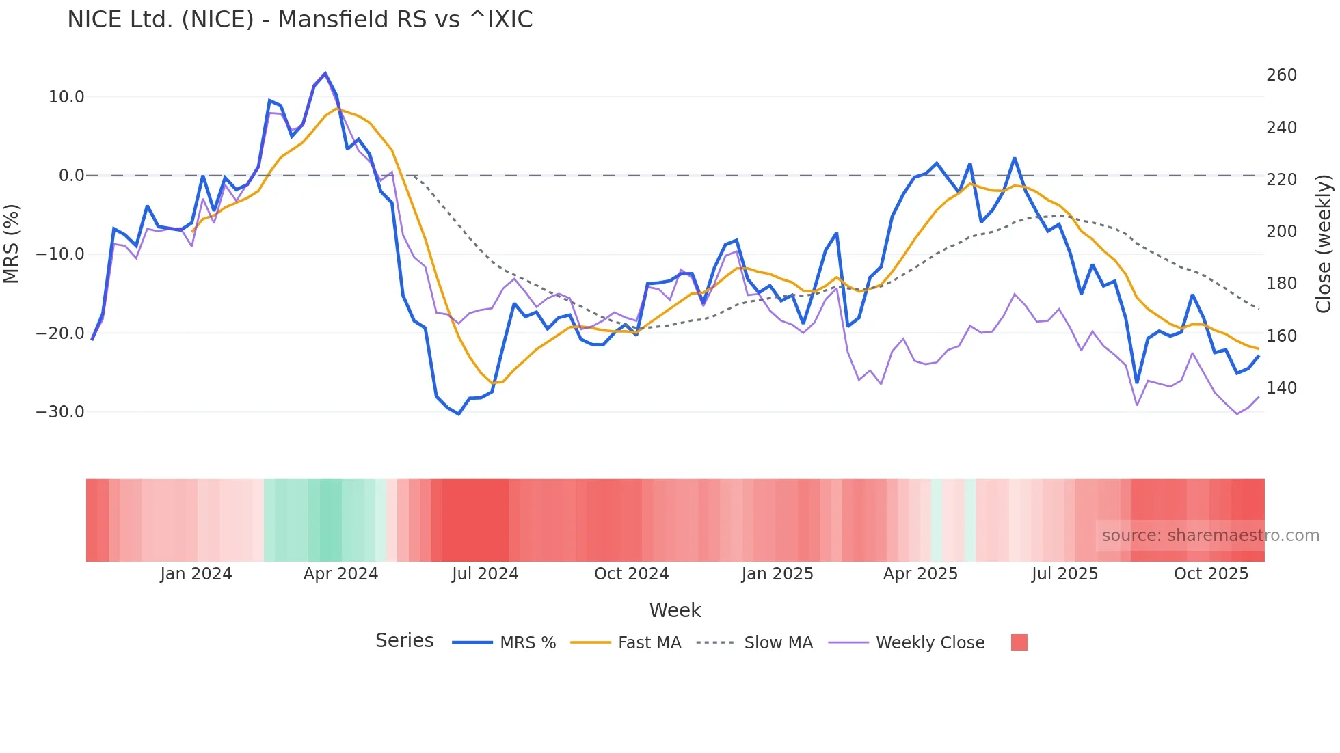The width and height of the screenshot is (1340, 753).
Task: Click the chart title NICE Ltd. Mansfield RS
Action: click(299, 20)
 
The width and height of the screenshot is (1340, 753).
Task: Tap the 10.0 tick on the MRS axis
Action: click(66, 97)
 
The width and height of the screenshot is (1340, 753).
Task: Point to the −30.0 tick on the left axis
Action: click(60, 412)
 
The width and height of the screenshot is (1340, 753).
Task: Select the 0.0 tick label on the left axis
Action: click(71, 176)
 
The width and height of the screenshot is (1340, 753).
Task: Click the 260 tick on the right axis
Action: click(1281, 75)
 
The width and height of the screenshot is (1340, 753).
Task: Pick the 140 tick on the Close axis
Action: click(1281, 388)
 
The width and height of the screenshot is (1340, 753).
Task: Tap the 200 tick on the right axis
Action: click(1281, 232)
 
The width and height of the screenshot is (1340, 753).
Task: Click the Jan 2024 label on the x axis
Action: click(196, 574)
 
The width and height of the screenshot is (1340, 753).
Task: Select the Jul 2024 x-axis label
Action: click(485, 574)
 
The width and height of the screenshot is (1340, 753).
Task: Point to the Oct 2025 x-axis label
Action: click(1211, 574)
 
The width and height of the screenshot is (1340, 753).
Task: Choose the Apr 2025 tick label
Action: click(920, 574)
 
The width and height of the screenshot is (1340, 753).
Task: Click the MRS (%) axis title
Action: click(12, 243)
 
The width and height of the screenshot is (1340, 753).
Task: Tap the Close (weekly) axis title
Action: click(1324, 243)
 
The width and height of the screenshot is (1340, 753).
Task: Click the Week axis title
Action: click(675, 610)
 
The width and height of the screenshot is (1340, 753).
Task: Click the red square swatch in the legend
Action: click(1019, 642)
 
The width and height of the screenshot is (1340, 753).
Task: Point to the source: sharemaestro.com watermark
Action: click(1210, 536)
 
